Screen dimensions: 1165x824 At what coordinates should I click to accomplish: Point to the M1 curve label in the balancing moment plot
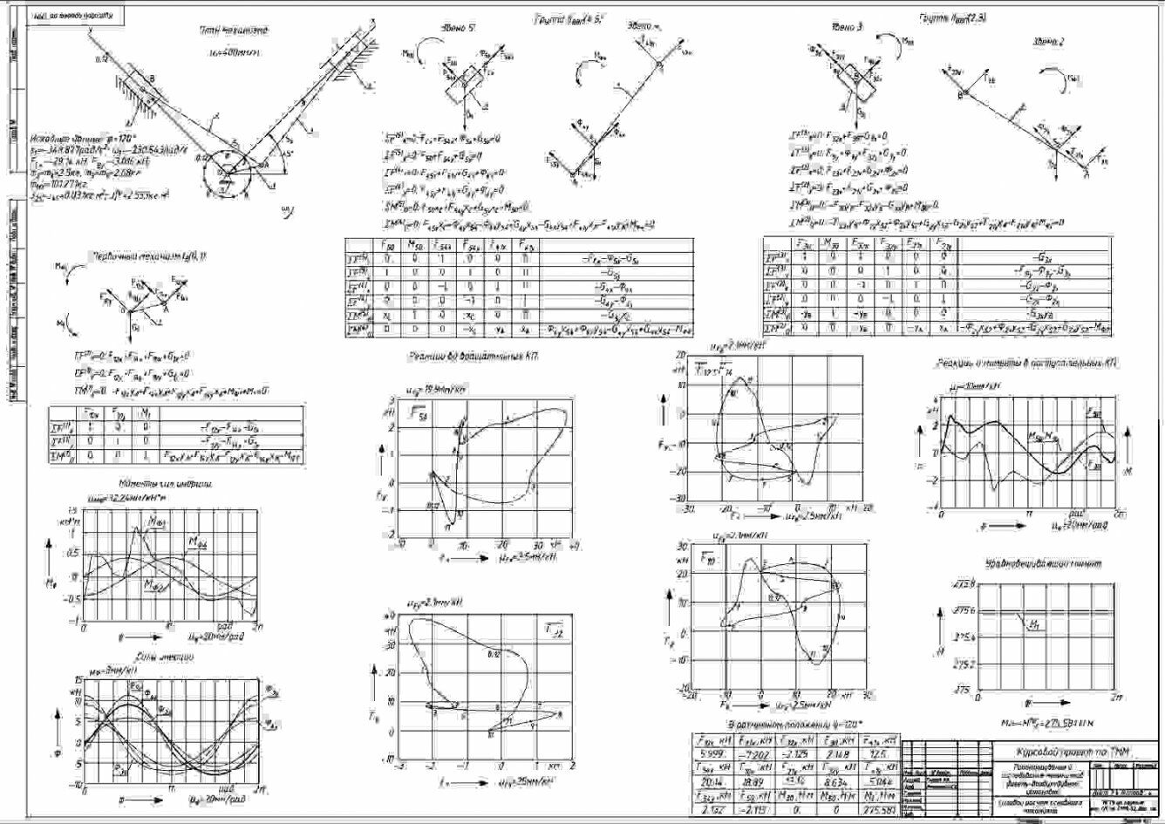click(1032, 624)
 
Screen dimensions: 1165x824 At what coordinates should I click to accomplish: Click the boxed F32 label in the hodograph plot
click(552, 629)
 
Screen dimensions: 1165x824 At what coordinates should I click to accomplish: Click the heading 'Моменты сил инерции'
click(166, 484)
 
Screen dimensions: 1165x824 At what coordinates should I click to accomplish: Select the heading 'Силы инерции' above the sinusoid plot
click(158, 656)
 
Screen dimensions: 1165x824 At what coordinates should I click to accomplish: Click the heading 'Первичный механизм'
click(143, 258)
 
